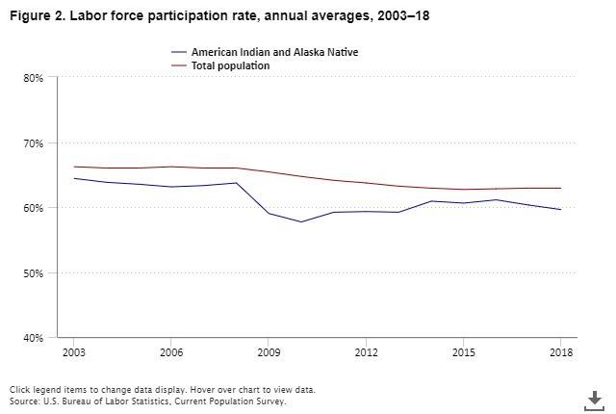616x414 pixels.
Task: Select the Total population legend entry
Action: (230, 65)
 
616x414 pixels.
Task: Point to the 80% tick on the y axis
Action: (34, 78)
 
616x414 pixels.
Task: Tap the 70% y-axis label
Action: (34, 143)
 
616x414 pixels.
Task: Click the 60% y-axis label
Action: (34, 208)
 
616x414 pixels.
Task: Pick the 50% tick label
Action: (34, 273)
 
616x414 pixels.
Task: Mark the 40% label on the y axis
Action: (34, 338)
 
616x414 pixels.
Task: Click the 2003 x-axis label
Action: (73, 352)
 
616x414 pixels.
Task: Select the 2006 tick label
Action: (170, 352)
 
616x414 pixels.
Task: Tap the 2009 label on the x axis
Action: (269, 352)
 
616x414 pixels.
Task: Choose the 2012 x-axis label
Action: (366, 352)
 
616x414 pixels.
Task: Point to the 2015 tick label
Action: (463, 352)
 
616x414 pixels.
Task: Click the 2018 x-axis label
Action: (561, 352)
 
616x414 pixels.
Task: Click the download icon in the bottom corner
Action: (595, 399)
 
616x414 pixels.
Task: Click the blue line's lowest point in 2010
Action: (300, 222)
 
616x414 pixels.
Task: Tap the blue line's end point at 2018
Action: (561, 210)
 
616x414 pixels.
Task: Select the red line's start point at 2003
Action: (73, 167)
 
